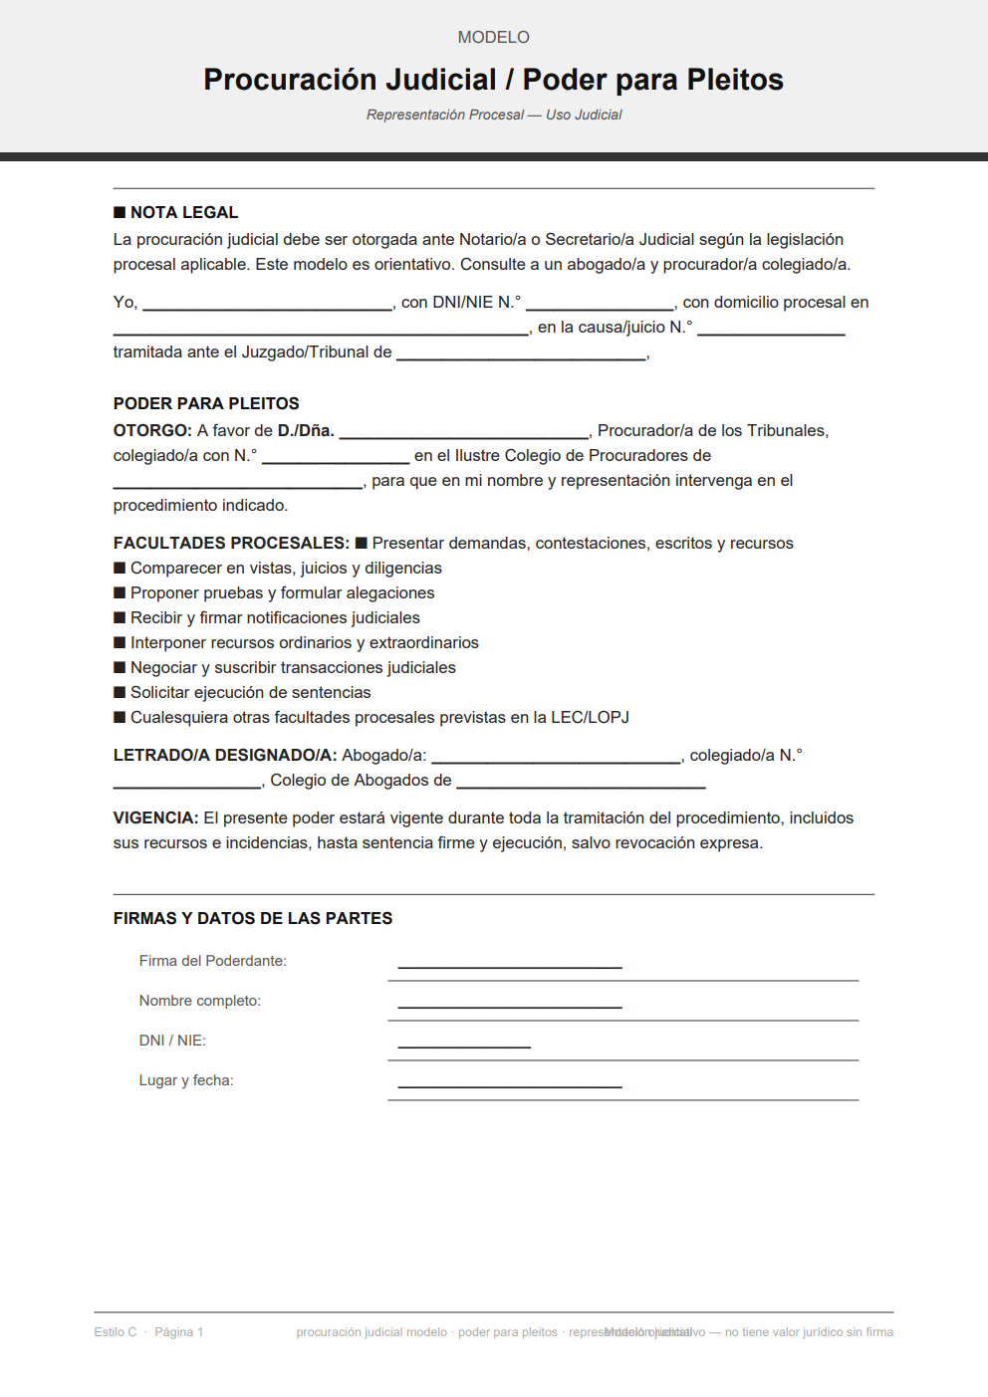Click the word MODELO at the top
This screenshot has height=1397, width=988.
click(493, 38)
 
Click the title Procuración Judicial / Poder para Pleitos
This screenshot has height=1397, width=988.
click(493, 80)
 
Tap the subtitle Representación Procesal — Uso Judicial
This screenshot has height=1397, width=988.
click(493, 116)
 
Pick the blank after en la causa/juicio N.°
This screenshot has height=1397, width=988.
click(771, 330)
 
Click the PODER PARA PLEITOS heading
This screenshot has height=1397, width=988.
click(206, 404)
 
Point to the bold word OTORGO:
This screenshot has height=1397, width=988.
click(152, 431)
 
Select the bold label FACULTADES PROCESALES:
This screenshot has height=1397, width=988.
click(231, 544)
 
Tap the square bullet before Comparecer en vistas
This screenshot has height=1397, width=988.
click(120, 569)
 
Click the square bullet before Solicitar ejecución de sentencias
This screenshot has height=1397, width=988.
click(120, 693)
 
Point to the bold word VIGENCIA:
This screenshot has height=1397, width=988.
click(155, 818)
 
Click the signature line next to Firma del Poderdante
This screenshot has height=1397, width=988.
click(510, 964)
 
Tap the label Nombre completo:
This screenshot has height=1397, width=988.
click(200, 1002)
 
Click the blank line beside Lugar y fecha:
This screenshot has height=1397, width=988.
click(510, 1083)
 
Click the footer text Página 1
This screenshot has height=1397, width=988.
click(179, 1332)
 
